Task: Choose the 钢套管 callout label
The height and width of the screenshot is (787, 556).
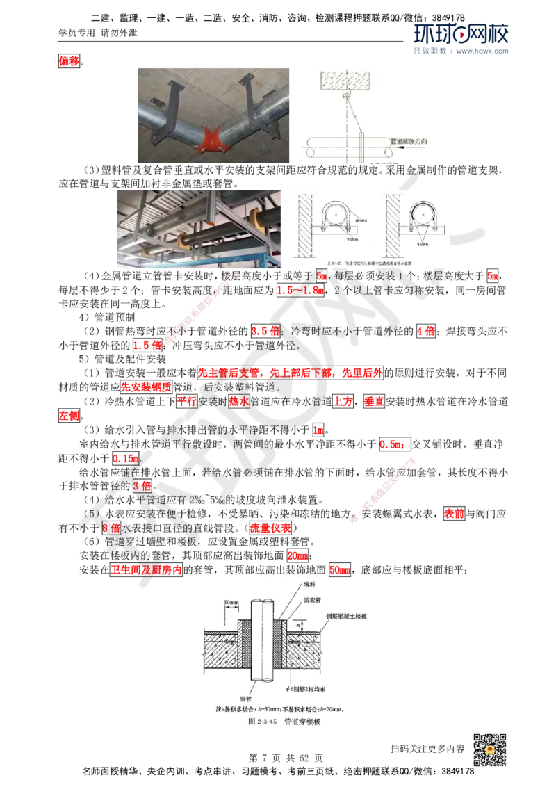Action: tap(315, 601)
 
